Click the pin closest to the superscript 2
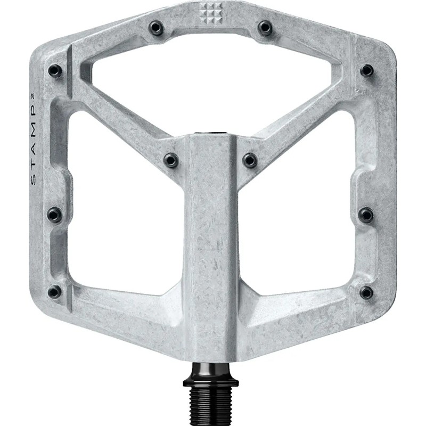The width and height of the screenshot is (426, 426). pos(55,70)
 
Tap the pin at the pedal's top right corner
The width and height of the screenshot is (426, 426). pos(366,70)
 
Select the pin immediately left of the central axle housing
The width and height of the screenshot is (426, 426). pos(170,159)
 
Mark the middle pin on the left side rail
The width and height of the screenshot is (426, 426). pos(54,214)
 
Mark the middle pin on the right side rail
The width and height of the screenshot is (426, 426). pos(366,214)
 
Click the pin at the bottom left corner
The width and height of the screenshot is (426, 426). pos(54,291)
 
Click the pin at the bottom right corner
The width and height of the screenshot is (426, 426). pos(366,292)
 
